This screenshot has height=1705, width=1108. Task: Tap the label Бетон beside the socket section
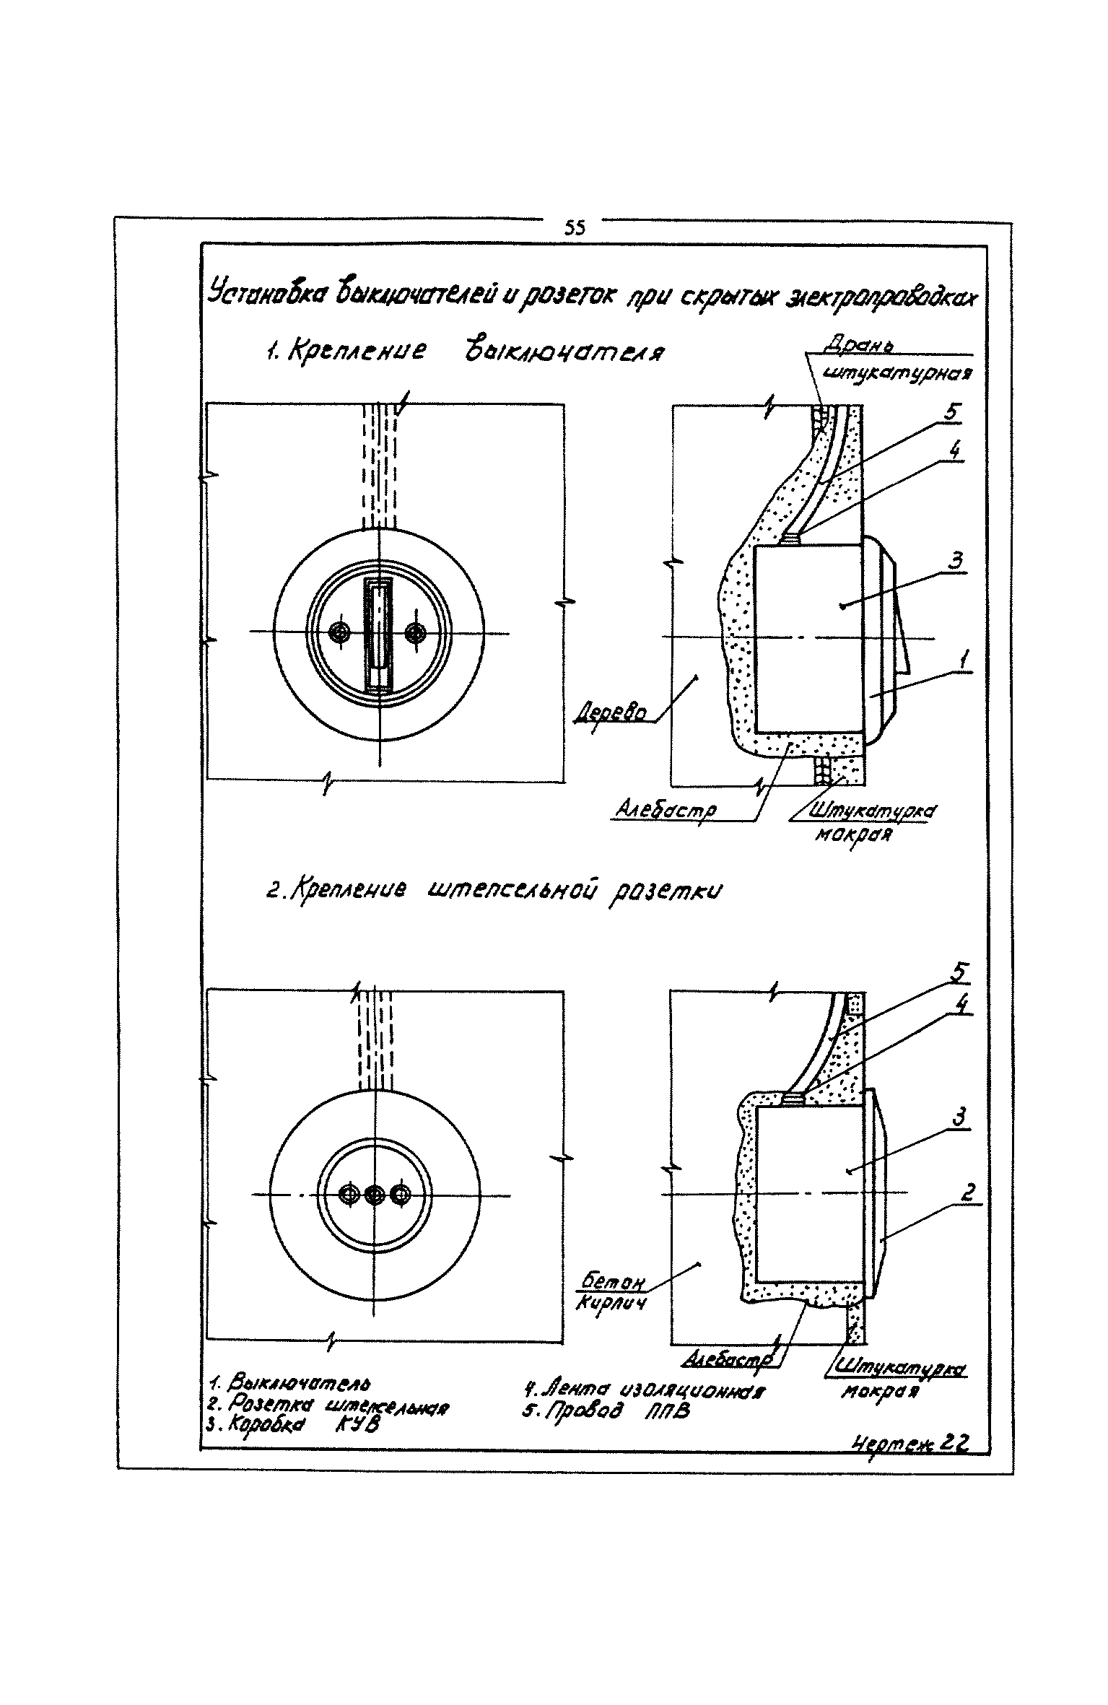click(612, 1281)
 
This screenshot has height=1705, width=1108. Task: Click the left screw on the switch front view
click(339, 633)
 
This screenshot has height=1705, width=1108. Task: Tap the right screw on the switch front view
click(414, 633)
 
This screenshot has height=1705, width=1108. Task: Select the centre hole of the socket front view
click(374, 1195)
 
